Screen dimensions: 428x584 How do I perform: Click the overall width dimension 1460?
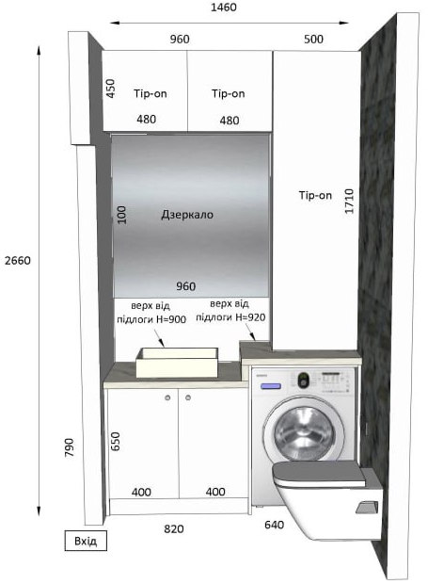[x=224, y=8]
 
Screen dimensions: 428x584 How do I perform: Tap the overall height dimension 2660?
[x=18, y=260]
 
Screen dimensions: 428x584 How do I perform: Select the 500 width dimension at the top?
[x=313, y=39]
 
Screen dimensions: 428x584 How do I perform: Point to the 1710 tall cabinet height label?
[x=349, y=202]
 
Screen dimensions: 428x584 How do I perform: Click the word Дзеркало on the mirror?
[x=187, y=215]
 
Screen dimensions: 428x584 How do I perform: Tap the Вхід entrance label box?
[x=86, y=541]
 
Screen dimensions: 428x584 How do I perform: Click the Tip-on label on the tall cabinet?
[x=315, y=195]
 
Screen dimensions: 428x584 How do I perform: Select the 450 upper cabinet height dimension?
[x=110, y=89]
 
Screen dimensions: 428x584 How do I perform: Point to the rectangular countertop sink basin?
[x=177, y=362]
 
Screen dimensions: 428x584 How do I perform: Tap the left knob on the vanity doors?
[x=167, y=397]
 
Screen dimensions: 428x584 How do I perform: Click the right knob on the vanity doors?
[x=188, y=397]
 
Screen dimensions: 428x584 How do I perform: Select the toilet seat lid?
[x=319, y=474]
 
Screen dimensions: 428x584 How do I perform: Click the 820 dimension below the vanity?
[x=174, y=528]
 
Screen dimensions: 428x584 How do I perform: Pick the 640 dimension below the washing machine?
[x=274, y=525]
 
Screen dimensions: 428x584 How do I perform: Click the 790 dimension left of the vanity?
[x=70, y=447]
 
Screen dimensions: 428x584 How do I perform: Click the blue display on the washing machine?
[x=270, y=386]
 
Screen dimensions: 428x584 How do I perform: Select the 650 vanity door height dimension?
[x=116, y=442]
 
